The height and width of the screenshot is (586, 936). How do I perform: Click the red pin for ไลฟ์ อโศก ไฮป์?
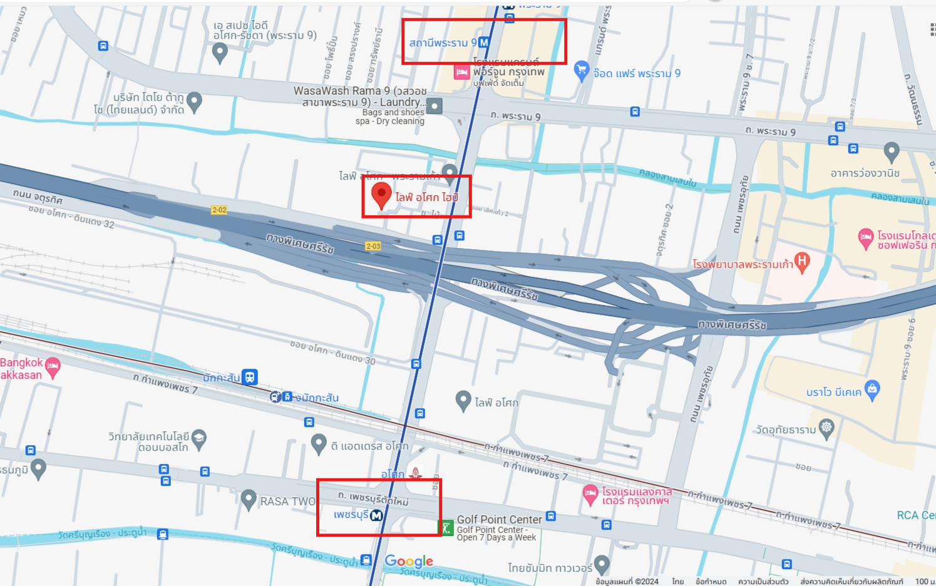click(x=381, y=194)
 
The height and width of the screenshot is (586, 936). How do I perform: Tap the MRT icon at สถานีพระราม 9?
click(x=483, y=43)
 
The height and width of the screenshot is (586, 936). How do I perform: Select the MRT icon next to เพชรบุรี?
click(x=376, y=515)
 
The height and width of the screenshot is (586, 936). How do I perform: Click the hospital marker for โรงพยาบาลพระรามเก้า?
click(x=801, y=261)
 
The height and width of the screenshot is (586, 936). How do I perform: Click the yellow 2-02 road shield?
click(x=219, y=210)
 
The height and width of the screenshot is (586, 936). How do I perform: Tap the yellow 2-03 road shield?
click(x=373, y=246)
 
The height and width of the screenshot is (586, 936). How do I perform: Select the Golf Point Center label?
click(x=499, y=520)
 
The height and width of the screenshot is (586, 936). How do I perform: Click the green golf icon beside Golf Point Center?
click(x=445, y=528)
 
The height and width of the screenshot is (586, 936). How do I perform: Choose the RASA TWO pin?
click(x=249, y=499)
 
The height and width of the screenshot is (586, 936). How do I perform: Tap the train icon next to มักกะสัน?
click(x=250, y=377)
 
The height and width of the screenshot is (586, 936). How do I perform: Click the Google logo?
click(x=409, y=561)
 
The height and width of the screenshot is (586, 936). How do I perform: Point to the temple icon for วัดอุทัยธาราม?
click(x=826, y=428)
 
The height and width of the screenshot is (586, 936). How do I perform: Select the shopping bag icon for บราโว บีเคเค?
click(x=872, y=389)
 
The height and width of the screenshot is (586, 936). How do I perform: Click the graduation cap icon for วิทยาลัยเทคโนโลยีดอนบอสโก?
click(x=199, y=438)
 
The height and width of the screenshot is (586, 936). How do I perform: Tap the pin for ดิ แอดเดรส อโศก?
click(x=319, y=443)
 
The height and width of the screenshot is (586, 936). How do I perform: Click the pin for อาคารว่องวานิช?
click(x=892, y=151)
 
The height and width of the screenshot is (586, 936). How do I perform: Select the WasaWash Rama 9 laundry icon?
click(x=435, y=106)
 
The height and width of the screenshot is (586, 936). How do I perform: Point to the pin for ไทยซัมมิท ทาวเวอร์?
click(x=602, y=563)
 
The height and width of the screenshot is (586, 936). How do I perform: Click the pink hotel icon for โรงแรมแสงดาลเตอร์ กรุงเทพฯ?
click(x=590, y=494)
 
